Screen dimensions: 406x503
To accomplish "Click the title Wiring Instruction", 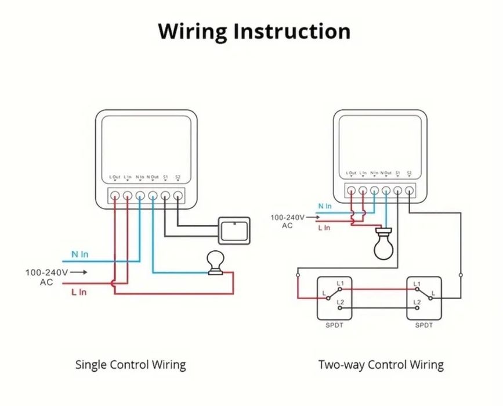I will (x=254, y=31).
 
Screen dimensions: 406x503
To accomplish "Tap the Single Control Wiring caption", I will (x=131, y=365).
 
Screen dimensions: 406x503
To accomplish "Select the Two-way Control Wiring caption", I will (x=381, y=365).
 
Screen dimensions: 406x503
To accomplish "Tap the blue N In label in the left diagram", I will (x=80, y=254).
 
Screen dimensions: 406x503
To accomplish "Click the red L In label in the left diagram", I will (x=79, y=292).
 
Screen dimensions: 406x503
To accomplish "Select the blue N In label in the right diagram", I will (x=325, y=206).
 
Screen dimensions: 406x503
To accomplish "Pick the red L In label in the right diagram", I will (x=324, y=228).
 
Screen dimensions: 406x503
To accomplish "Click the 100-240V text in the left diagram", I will (x=46, y=272).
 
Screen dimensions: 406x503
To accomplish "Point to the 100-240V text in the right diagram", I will (x=287, y=217).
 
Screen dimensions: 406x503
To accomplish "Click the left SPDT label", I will (x=335, y=325).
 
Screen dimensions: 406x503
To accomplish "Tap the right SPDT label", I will (x=424, y=325).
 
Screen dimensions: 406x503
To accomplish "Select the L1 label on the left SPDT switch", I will (x=341, y=283).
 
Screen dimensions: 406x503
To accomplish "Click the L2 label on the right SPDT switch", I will (x=417, y=303).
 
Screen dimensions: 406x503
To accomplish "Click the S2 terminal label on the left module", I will (x=178, y=177).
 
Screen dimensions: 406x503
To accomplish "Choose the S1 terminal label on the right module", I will (x=397, y=173).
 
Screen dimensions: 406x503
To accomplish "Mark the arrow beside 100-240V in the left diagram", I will (x=81, y=272).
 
